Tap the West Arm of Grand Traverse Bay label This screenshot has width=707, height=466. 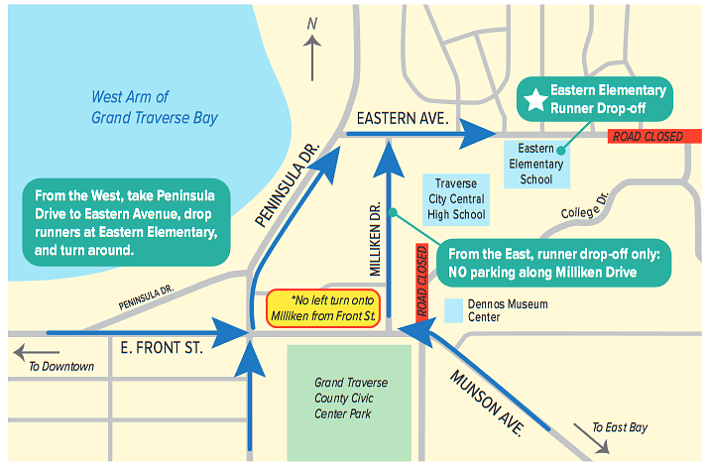(x=155, y=108)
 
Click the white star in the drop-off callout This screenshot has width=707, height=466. (x=535, y=99)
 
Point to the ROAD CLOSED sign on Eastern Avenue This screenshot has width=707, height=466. (x=647, y=136)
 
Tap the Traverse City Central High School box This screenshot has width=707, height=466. (x=455, y=199)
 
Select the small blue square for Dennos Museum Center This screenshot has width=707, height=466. (x=453, y=305)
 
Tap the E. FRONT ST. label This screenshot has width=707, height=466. (x=161, y=348)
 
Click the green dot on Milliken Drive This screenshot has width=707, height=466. (x=393, y=211)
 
